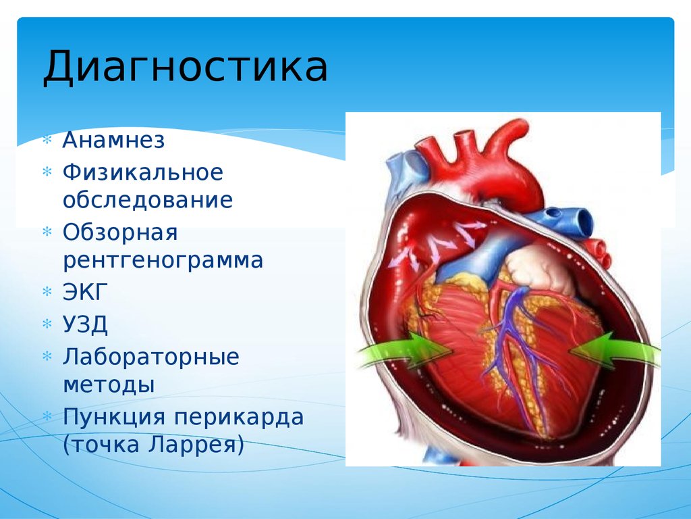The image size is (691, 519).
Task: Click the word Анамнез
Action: coord(113,141)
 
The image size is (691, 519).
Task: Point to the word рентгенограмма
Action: coord(163,261)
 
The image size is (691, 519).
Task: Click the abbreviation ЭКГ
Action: coord(85,293)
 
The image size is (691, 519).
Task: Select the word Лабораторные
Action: coord(151,356)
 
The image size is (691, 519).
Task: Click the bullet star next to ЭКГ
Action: coord(47,293)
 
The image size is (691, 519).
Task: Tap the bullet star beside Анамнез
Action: coord(47,142)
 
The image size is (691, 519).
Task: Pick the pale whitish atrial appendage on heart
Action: coord(536,267)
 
